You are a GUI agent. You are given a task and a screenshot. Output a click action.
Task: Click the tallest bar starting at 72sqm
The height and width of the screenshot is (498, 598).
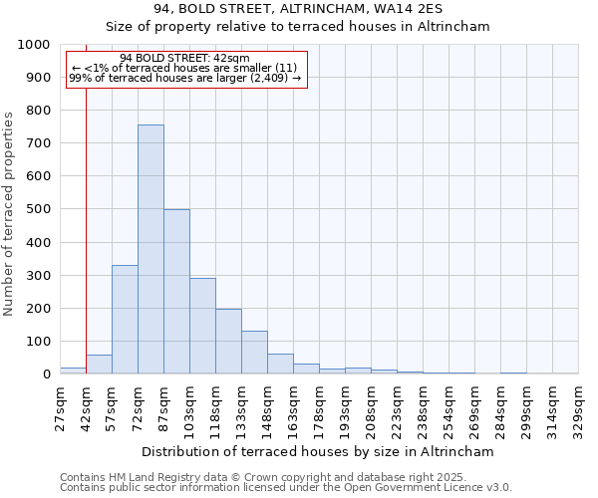[150, 249]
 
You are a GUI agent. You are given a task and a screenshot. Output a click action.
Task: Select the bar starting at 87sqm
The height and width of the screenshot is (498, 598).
[176, 292]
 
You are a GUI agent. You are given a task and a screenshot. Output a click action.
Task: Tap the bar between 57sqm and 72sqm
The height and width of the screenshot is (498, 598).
[125, 320]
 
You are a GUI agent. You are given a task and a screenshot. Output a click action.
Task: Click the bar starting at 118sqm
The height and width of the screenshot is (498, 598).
[228, 342]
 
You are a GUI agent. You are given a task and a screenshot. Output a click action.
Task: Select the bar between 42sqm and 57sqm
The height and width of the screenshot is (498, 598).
[99, 365]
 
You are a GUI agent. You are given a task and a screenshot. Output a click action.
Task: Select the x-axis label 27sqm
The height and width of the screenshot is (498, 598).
[60, 408]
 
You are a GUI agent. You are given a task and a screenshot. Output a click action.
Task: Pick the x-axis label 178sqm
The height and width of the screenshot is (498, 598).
[319, 408]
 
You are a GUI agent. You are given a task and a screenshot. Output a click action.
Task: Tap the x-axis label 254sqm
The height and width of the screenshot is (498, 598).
[448, 408]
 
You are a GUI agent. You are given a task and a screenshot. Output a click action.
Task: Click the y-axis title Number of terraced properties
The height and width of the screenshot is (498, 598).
[9, 213]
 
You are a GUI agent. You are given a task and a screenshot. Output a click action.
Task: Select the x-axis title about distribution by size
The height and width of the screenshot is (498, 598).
[319, 451]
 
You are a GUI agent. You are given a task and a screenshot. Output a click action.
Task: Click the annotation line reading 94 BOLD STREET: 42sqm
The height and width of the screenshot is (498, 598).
[184, 59]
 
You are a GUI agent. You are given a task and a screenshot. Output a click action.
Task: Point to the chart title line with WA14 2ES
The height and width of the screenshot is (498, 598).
[298, 9]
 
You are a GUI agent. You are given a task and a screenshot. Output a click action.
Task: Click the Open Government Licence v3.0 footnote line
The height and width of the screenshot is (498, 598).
[286, 488]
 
